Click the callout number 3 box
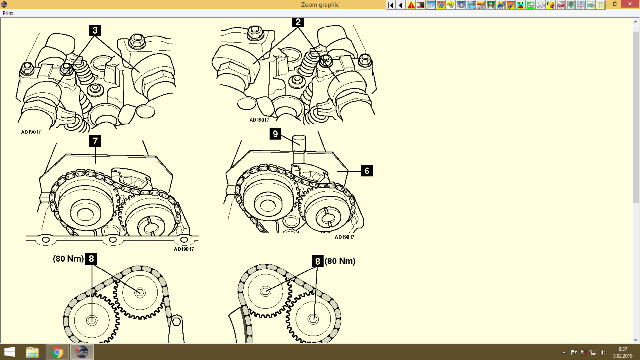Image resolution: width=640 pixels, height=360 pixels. (95, 30)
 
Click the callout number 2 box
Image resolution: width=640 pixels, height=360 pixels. (298, 22)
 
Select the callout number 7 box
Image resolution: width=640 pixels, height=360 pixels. (95, 141)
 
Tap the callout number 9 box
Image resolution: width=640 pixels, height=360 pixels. (275, 134)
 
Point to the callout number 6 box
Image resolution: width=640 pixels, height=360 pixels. (367, 171)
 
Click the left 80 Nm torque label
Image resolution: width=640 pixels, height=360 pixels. (68, 259)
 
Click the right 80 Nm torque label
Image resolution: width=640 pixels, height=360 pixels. (340, 261)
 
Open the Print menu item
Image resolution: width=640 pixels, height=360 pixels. (8, 13)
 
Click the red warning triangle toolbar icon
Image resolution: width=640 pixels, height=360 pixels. (411, 5)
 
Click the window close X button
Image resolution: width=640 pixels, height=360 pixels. (630, 4)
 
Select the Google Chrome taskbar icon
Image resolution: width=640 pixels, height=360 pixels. (57, 352)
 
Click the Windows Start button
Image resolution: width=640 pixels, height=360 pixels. (10, 352)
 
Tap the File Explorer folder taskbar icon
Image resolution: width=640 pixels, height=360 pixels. (32, 352)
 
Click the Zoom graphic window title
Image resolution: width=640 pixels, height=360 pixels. (320, 5)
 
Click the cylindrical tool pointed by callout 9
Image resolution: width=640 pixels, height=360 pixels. (299, 148)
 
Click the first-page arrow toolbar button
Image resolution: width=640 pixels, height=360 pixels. (391, 5)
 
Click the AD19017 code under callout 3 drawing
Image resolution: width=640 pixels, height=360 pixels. (31, 132)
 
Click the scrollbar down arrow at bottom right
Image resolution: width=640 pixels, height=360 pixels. (636, 340)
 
